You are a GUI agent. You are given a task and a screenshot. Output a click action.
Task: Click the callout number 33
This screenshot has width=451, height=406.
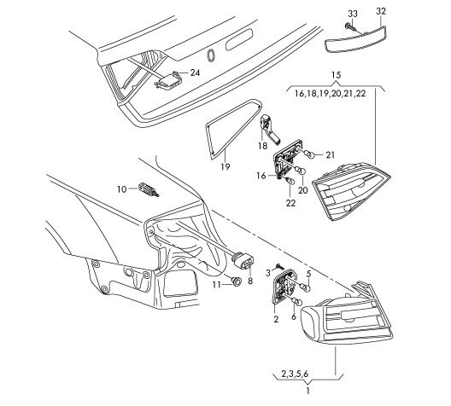pyautogui.click(x=353, y=14)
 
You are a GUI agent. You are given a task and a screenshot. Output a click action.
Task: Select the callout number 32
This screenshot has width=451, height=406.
pyautogui.click(x=381, y=11)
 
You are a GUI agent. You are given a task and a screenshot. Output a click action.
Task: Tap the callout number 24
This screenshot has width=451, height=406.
pyautogui.click(x=195, y=72)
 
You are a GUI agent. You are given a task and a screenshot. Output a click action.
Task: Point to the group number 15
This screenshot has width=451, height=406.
pyautogui.click(x=336, y=75)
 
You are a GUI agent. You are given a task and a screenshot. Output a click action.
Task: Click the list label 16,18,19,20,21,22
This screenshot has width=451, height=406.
pyautogui.click(x=331, y=94)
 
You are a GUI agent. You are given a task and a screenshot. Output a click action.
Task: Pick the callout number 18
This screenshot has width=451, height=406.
pyautogui.click(x=262, y=146)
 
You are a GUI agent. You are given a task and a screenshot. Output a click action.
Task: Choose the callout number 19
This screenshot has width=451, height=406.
pyautogui.click(x=225, y=166)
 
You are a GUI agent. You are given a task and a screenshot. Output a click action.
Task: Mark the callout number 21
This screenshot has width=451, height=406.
pyautogui.click(x=331, y=155)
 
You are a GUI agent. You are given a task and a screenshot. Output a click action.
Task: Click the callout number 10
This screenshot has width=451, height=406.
pyautogui.click(x=121, y=189)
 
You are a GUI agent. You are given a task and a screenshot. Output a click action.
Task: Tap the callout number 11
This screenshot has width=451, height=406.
pyautogui.click(x=217, y=285)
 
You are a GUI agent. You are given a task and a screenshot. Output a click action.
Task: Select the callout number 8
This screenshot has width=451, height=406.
pyautogui.click(x=250, y=281)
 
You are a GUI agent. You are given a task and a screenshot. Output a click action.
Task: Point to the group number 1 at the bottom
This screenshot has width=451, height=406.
pyautogui.click(x=308, y=391)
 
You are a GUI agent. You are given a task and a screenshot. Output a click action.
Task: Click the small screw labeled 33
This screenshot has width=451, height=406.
pyautogui.click(x=349, y=26)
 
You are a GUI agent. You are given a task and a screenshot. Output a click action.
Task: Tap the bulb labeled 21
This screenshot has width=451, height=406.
pyautogui.click(x=308, y=154)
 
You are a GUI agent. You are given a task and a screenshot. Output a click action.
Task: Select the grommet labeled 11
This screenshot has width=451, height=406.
pyautogui.click(x=237, y=281)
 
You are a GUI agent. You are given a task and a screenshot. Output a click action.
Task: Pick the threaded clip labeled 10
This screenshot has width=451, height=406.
pyautogui.click(x=148, y=190)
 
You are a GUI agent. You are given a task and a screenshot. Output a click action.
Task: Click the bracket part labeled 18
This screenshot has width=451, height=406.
pyautogui.click(x=269, y=127)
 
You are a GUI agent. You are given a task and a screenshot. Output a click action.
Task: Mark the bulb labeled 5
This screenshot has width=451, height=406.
pyautogui.click(x=306, y=287)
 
